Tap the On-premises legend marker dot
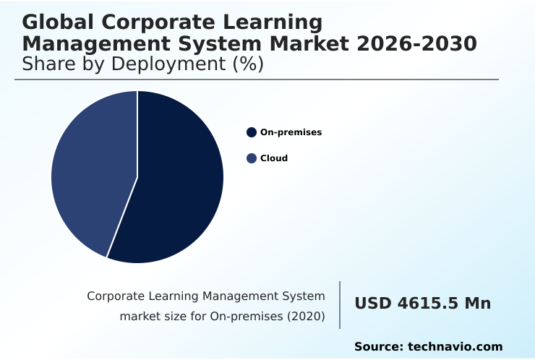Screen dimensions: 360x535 pyautogui.click(x=252, y=132)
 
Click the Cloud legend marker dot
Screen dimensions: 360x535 pyautogui.click(x=252, y=158)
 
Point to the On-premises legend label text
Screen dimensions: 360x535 pyautogui.click(x=291, y=132)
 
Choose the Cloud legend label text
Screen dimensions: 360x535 pyautogui.click(x=274, y=158)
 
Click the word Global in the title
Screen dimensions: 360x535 pyautogui.click(x=54, y=22)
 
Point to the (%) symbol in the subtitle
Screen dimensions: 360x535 pyautogui.click(x=247, y=64)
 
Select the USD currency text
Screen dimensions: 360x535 pyautogui.click(x=372, y=304)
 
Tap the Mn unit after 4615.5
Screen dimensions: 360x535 pyautogui.click(x=477, y=304)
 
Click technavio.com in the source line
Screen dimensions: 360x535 pyautogui.click(x=455, y=347)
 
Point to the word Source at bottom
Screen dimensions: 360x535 pyautogui.click(x=378, y=347)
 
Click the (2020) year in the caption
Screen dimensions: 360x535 pyautogui.click(x=306, y=317)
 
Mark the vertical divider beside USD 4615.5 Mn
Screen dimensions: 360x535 pyautogui.click(x=340, y=305)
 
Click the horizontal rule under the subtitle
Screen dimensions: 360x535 pyautogui.click(x=257, y=80)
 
